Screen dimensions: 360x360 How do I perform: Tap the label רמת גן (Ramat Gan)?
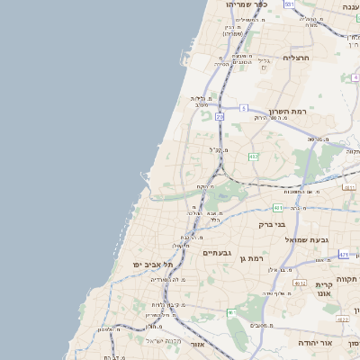coord(254,259)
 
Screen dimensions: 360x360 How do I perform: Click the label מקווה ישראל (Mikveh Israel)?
coord(164,339)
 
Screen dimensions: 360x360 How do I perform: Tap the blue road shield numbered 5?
coord(243,108)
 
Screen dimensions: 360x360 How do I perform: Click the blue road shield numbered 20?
coord(220,117)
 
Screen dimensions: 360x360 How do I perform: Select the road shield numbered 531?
coord(289,4)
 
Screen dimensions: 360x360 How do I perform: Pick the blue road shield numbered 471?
coord(344,255)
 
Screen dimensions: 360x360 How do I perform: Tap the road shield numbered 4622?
coord(342,319)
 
